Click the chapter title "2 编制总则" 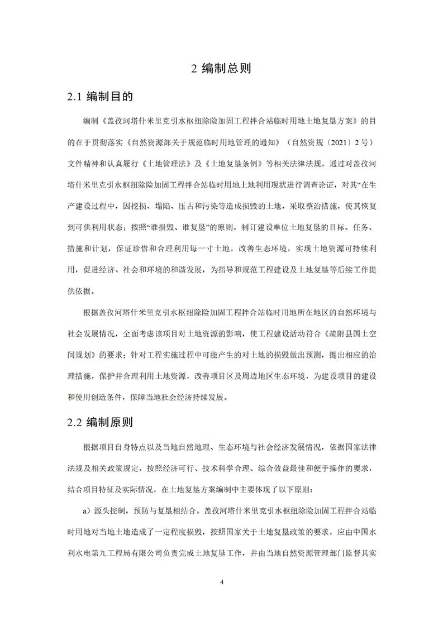pyautogui.click(x=221, y=69)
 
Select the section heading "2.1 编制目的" pyautogui.click(x=99, y=97)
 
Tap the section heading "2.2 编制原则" pyautogui.click(x=99, y=422)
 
